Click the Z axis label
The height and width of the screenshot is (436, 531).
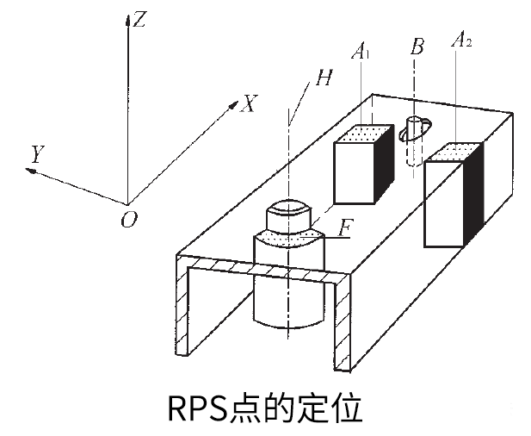coord(139,19)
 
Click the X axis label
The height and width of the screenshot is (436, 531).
coord(248,104)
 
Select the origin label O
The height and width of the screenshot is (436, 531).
coord(129,220)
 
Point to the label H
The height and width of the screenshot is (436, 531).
coord(323,78)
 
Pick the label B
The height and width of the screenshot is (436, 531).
coord(417,47)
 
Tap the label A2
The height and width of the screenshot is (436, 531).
coord(461,40)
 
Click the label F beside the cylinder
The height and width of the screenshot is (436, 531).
coord(345,228)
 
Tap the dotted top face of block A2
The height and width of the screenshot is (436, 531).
coord(450,153)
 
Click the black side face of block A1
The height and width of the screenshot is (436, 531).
coord(381,166)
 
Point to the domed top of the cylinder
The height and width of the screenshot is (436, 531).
coord(287,209)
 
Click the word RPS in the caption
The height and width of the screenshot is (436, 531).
coord(194,408)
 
